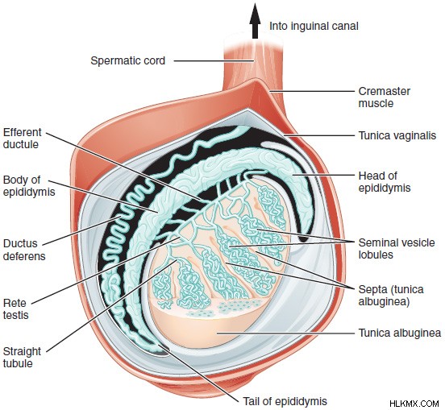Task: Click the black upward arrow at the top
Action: (255, 21)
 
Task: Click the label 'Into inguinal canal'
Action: (314, 26)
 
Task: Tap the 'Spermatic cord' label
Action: (127, 60)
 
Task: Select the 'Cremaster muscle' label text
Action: (385, 97)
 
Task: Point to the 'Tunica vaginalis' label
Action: (397, 135)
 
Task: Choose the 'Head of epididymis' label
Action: (385, 182)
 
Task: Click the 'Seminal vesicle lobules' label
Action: (397, 248)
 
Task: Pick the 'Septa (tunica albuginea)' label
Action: (391, 295)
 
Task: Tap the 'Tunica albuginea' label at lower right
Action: (400, 333)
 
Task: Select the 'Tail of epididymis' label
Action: (285, 401)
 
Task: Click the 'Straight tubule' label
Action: (22, 358)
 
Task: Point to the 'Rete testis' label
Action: (16, 309)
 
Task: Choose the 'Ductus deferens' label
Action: (24, 250)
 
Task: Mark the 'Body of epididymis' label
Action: (29, 186)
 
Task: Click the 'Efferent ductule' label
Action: (22, 138)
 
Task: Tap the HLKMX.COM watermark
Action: (414, 404)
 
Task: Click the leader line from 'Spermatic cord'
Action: (214, 60)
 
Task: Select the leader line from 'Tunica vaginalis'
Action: (320, 135)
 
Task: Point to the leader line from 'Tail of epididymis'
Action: (199, 374)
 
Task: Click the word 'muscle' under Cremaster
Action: (376, 103)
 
